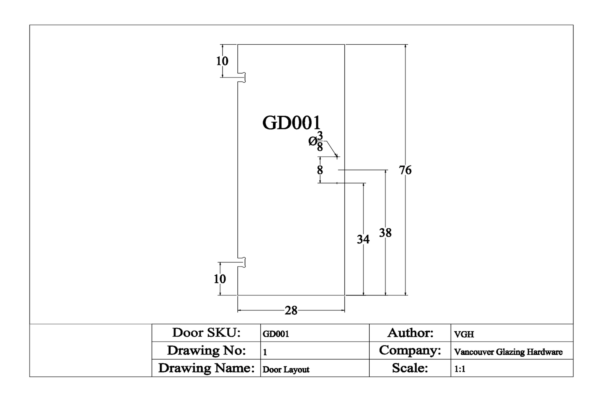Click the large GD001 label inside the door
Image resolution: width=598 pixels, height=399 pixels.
point(291,123)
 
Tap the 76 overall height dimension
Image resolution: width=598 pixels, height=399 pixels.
point(405,170)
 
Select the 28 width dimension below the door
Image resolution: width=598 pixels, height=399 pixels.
point(291,310)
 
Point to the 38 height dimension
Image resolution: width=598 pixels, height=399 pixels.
point(385,233)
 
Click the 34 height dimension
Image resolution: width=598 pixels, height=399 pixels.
point(363,239)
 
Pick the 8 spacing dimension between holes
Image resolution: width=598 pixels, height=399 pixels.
point(320,170)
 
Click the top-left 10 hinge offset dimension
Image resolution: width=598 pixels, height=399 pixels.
point(222,61)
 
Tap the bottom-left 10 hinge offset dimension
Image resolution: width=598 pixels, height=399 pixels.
point(220,279)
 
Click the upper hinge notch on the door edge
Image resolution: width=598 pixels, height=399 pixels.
point(242,77)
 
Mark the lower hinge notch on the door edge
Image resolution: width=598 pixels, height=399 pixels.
point(242,262)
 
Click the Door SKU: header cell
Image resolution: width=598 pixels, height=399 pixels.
point(206,333)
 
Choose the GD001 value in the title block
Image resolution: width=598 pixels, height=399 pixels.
point(276,334)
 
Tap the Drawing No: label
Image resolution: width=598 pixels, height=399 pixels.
point(206,350)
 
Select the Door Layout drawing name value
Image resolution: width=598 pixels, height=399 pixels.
point(286,369)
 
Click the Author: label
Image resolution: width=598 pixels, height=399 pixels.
point(410,333)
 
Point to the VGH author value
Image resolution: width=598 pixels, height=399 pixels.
point(464,334)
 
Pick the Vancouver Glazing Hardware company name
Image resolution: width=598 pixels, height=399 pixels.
point(508,352)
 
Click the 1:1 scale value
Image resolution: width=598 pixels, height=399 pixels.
point(460,369)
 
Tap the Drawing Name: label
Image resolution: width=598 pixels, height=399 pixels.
point(206,368)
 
